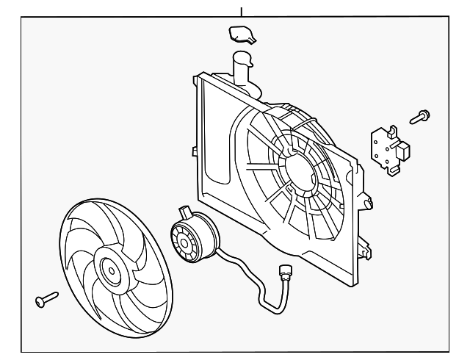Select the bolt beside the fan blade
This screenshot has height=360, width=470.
[46, 299]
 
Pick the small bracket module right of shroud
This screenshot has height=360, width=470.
[388, 149]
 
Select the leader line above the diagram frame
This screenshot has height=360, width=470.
[241, 9]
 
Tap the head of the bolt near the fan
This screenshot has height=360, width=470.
[39, 301]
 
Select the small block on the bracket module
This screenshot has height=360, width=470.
[404, 153]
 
